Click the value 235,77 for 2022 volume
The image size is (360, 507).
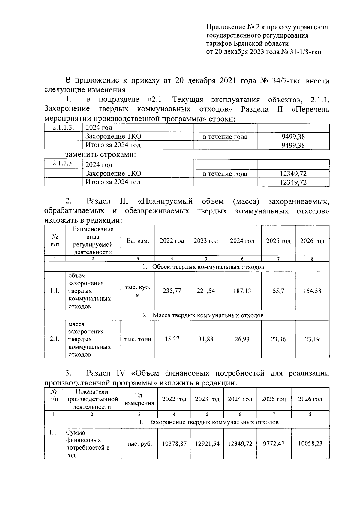click(x=172, y=291)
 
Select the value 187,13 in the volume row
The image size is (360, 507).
click(x=242, y=291)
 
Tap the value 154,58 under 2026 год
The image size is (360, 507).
click(x=312, y=291)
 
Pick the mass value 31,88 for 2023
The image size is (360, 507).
click(x=206, y=339)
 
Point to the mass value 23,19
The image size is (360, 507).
click(x=312, y=339)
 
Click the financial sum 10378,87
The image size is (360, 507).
click(x=174, y=444)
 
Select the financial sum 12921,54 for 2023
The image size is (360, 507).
click(x=207, y=444)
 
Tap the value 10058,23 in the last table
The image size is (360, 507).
click(x=310, y=444)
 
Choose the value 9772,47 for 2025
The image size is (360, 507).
click(x=274, y=444)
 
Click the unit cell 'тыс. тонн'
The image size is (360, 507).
click(x=138, y=340)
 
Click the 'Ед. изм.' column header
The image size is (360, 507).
click(x=138, y=241)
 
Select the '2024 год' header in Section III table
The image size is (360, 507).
click(x=242, y=241)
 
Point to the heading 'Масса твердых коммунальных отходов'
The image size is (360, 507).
click(x=208, y=315)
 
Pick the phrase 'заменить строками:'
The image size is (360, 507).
click(x=101, y=155)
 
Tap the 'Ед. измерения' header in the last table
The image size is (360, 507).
click(x=139, y=399)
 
